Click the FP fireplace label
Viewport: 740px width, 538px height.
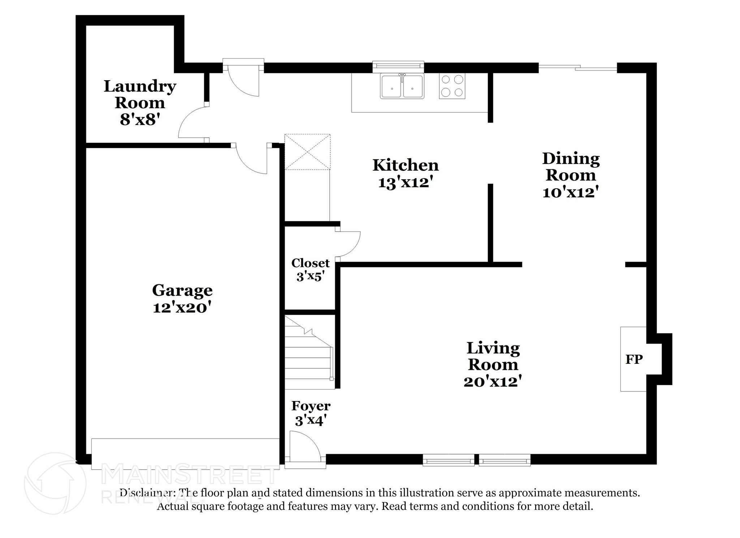[634, 359]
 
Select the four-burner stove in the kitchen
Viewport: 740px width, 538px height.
[452, 86]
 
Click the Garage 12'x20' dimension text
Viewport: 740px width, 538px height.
[182, 307]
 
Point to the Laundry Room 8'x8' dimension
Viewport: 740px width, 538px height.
[140, 119]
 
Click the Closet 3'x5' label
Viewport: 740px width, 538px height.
[310, 270]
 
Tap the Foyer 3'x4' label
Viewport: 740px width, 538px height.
[311, 413]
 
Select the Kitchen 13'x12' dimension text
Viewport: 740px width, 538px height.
[405, 182]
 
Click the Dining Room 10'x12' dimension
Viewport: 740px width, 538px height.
[571, 192]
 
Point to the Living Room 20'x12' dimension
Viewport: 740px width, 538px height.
[493, 382]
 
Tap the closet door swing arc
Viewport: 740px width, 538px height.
[348, 244]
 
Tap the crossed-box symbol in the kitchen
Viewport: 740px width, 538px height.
[307, 152]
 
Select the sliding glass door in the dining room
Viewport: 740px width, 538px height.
[577, 67]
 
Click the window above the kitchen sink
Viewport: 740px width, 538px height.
[398, 65]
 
